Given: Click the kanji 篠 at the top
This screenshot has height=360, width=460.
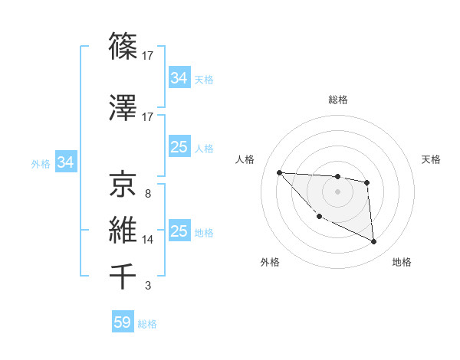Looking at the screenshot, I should point(123,47).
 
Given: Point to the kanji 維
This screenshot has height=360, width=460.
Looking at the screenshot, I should point(123,230).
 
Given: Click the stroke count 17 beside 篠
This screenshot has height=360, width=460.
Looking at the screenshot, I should point(148,56).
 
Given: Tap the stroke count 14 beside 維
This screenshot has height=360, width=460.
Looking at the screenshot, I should point(148,240).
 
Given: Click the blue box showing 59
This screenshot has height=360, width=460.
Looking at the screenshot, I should point(123,322).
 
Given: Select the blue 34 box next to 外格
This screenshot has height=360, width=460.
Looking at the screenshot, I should point(65,162).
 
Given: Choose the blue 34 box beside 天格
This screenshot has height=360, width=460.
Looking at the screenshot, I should point(179,78).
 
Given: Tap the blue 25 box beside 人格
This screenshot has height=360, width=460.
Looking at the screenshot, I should point(179,147).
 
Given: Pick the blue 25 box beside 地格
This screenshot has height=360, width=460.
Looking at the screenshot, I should point(179,231).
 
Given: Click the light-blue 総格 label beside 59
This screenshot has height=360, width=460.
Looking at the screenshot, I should point(148,324).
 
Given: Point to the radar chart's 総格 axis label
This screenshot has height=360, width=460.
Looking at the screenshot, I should point(337,100).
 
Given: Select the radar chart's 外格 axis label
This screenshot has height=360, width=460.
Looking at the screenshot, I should point(270,262).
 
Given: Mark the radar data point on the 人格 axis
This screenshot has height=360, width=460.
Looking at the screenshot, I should point(279,172).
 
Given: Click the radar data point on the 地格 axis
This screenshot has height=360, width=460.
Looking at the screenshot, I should point(374,242).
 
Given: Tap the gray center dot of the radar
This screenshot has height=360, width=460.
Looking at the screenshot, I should point(337,191).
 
